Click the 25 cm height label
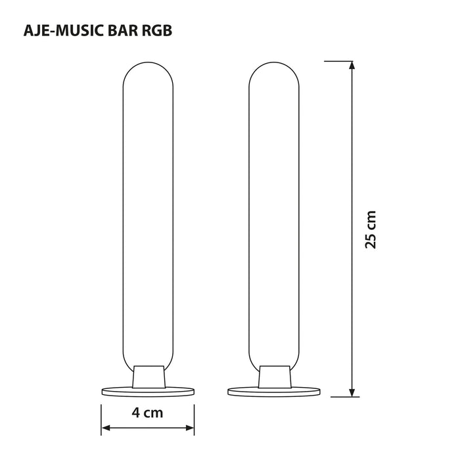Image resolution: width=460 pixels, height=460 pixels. click(371, 229)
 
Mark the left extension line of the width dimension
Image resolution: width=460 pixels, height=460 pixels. click(101, 417)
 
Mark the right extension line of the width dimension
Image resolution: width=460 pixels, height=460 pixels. click(195, 417)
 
